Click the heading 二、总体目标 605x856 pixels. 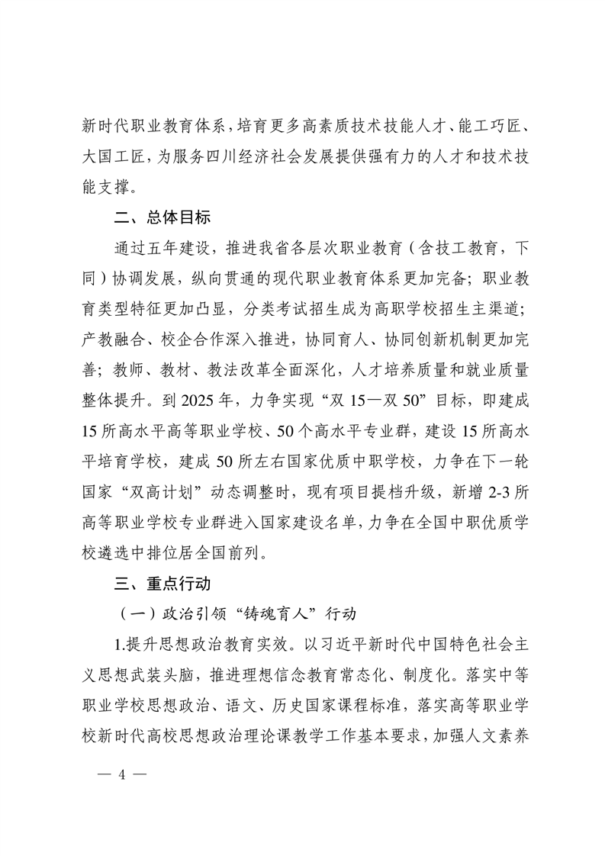163,217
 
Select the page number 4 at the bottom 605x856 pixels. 121,776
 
